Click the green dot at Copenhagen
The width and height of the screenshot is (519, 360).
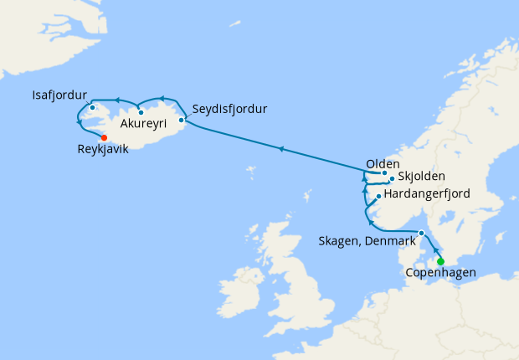click(x=440, y=261)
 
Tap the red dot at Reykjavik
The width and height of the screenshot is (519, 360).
click(x=104, y=138)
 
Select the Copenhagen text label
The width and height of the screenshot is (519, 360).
click(x=440, y=273)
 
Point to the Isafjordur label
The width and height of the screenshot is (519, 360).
click(x=60, y=94)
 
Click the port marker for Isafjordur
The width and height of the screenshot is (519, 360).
click(x=92, y=108)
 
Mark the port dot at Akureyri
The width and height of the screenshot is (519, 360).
click(x=141, y=112)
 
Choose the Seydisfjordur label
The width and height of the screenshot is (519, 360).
click(x=229, y=110)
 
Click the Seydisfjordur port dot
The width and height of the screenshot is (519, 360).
click(x=182, y=120)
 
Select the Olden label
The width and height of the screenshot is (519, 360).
click(x=383, y=164)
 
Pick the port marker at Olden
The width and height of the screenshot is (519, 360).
click(x=384, y=173)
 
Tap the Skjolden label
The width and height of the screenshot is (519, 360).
click(x=421, y=177)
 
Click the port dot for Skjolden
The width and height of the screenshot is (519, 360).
click(x=392, y=178)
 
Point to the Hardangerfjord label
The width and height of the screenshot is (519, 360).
click(x=426, y=193)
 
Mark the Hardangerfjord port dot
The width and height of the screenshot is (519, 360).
click(x=379, y=197)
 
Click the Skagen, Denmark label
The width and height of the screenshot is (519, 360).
click(x=367, y=241)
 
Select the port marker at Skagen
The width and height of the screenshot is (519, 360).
click(x=422, y=233)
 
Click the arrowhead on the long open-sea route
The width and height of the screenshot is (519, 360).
click(x=282, y=149)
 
